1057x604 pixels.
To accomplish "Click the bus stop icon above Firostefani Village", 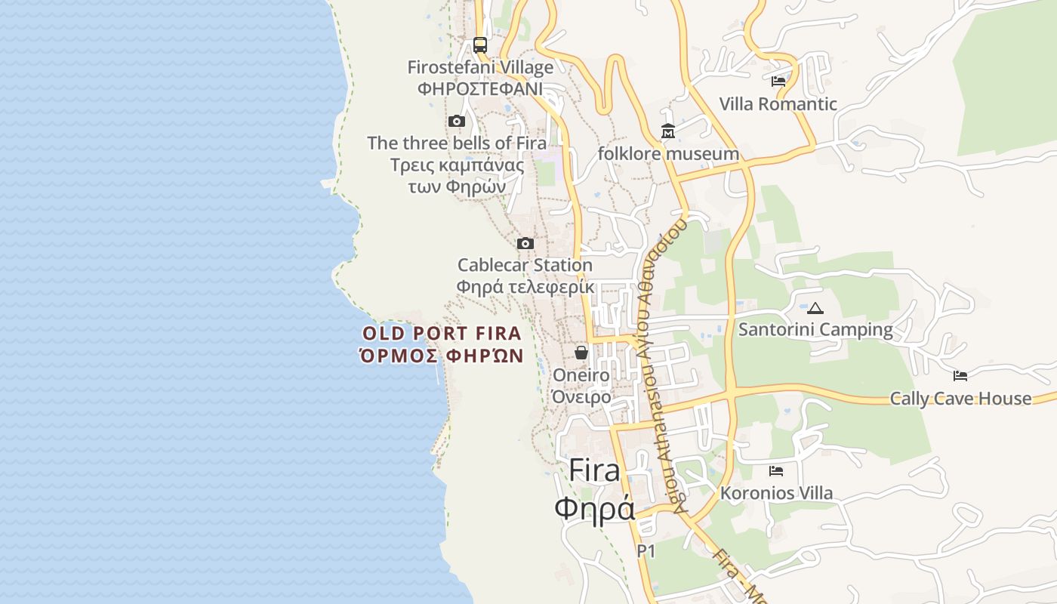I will point(480,45).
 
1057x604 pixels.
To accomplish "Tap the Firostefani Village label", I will point(480,67).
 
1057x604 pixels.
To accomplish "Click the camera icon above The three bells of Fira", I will point(456,121).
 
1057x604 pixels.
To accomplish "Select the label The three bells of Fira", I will point(457,143).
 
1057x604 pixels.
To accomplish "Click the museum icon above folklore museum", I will point(668,132).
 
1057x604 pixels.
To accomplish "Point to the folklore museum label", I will point(668,154).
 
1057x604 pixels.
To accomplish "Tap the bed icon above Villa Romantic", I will point(778,82).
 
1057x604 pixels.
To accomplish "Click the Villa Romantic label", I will point(778,104).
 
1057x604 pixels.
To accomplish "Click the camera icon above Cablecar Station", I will point(525,243).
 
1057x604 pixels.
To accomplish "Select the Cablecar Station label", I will point(525,265).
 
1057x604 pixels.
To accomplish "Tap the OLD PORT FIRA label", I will point(442,334).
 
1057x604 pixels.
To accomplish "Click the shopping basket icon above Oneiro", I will point(581,353).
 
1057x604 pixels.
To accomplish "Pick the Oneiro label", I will point(581,375).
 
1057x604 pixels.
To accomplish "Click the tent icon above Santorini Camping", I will point(815,308).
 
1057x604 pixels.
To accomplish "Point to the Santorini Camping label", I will point(815,330).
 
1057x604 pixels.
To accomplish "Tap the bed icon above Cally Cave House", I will point(960,375).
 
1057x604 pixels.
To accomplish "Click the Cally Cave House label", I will point(960,399).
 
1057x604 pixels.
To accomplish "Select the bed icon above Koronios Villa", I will point(776,471).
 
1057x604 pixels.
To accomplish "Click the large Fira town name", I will point(595,470).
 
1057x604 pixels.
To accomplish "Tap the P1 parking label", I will point(646,551).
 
